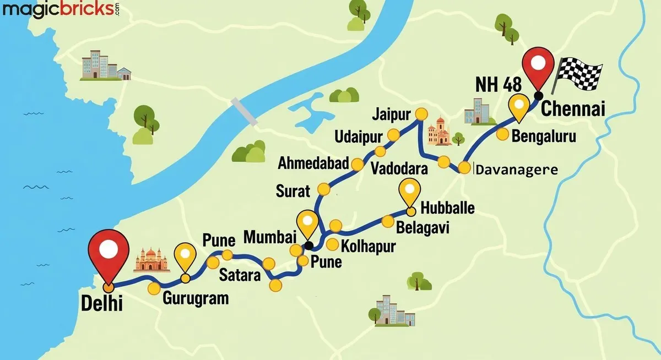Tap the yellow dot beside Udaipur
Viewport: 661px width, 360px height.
394,135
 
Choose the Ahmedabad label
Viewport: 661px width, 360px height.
313,163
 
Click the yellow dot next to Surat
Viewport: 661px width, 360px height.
324,190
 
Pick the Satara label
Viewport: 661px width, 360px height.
240,275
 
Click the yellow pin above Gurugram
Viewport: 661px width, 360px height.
185,258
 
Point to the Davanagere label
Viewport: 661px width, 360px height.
517,170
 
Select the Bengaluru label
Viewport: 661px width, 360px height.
544,136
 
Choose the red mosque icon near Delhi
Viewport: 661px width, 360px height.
151,259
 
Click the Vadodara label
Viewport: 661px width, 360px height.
399,168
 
